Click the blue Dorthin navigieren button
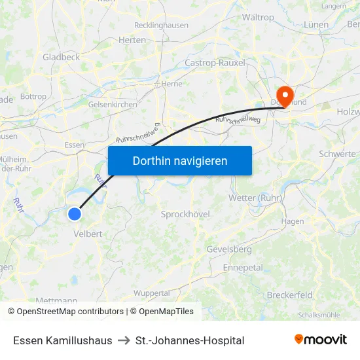180,160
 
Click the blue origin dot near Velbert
75,213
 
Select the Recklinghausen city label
161,26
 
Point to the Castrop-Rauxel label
215,63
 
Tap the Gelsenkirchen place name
112,105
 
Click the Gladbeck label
61,58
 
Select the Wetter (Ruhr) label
255,198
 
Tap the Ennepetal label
243,268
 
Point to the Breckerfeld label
289,295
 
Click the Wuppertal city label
151,293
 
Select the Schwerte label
337,154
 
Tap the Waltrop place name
258,17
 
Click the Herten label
132,40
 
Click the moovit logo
321,340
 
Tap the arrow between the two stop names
124,340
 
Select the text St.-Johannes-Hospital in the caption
190,340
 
